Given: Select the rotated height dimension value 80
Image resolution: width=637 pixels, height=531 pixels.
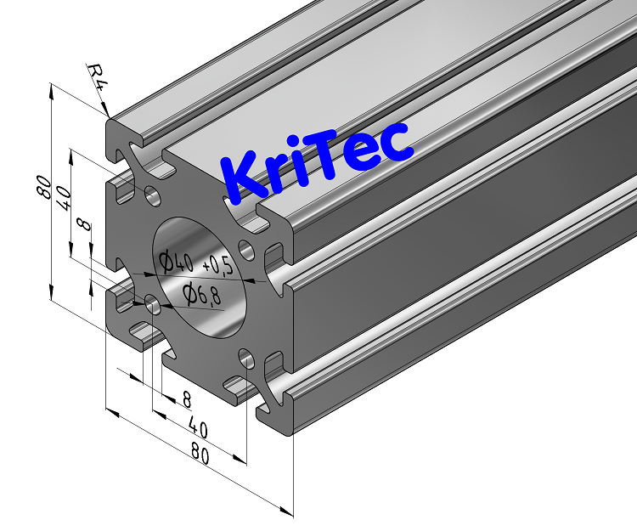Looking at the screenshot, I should click(44, 186).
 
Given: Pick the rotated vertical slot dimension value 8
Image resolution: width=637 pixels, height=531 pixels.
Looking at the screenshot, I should click(82, 225).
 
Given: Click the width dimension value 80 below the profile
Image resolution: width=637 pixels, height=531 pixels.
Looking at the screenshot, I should click(200, 454).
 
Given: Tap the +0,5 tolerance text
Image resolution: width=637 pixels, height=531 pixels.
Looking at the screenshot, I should click(218, 266).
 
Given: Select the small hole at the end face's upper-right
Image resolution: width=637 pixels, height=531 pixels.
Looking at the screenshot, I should click(246, 249).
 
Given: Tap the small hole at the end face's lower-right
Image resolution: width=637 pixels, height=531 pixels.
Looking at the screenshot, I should click(246, 358).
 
